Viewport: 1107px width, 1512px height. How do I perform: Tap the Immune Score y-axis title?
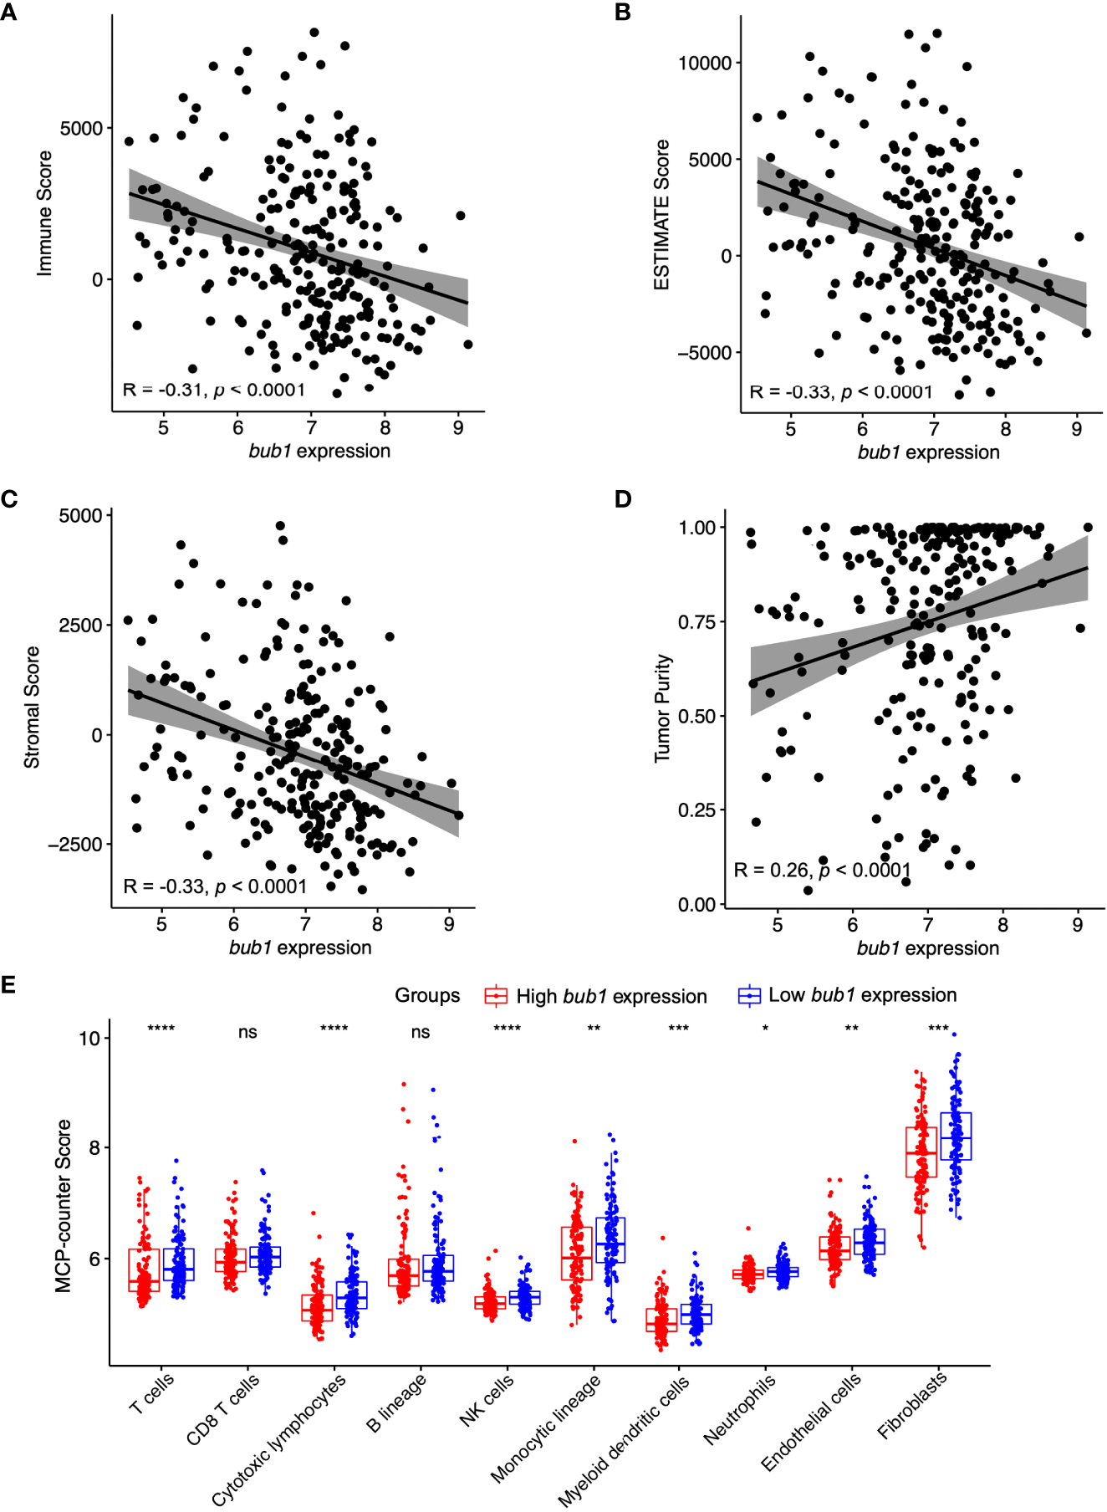pos(44,213)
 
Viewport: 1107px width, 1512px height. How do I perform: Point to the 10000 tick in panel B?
pos(704,64)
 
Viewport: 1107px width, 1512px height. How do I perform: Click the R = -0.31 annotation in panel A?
pos(214,391)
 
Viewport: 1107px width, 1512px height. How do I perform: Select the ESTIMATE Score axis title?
pos(661,215)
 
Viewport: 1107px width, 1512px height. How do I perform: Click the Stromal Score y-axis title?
pos(32,707)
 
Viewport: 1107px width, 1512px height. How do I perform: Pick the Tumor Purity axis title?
pos(662,707)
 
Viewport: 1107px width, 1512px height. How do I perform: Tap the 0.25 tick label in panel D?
pos(696,810)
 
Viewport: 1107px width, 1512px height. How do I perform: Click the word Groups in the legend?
pos(427,995)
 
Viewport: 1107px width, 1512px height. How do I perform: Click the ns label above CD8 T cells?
pos(247,1033)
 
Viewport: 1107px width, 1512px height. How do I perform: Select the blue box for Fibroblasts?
pos(956,1136)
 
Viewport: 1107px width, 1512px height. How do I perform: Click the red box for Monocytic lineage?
pos(576,1253)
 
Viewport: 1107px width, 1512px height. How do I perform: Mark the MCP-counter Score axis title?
pos(64,1206)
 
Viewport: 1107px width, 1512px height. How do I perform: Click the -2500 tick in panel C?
pos(75,845)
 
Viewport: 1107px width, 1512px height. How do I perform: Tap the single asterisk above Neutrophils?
pos(765,1029)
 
